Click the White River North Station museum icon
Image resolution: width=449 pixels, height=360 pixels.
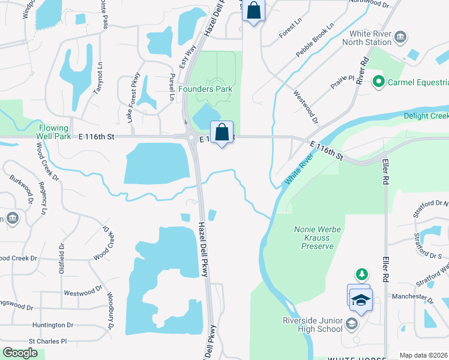tap(400, 39)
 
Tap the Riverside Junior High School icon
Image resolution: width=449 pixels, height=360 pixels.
tap(351, 325)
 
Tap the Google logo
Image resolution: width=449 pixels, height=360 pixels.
tap(20, 353)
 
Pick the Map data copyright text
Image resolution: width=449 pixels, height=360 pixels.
tap(424, 355)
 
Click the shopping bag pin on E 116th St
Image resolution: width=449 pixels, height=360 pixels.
tap(221, 132)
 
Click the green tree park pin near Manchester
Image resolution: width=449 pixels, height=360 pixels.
tap(361, 275)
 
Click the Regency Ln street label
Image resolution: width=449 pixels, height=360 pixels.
tap(43, 198)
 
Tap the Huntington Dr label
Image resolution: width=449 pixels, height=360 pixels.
tap(53, 325)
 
